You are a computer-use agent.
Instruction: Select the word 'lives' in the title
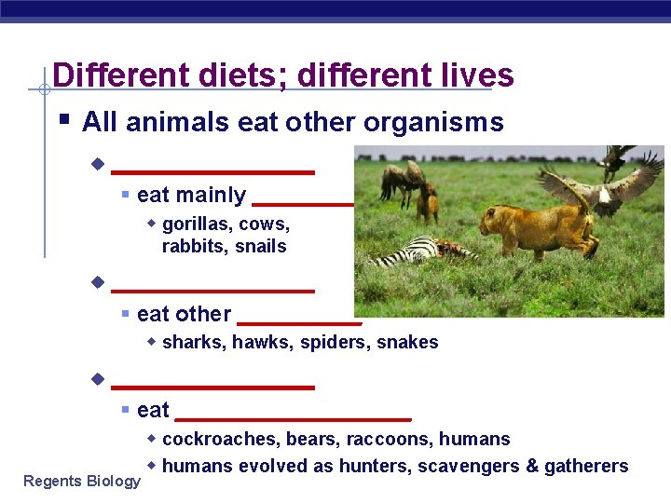pyautogui.click(x=469, y=75)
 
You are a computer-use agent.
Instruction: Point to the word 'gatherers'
pyautogui.click(x=586, y=466)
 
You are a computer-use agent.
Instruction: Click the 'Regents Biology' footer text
pyautogui.click(x=82, y=481)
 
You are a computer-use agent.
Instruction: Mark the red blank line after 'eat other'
pyautogui.click(x=299, y=322)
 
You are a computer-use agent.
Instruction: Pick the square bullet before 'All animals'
pyautogui.click(x=62, y=121)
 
